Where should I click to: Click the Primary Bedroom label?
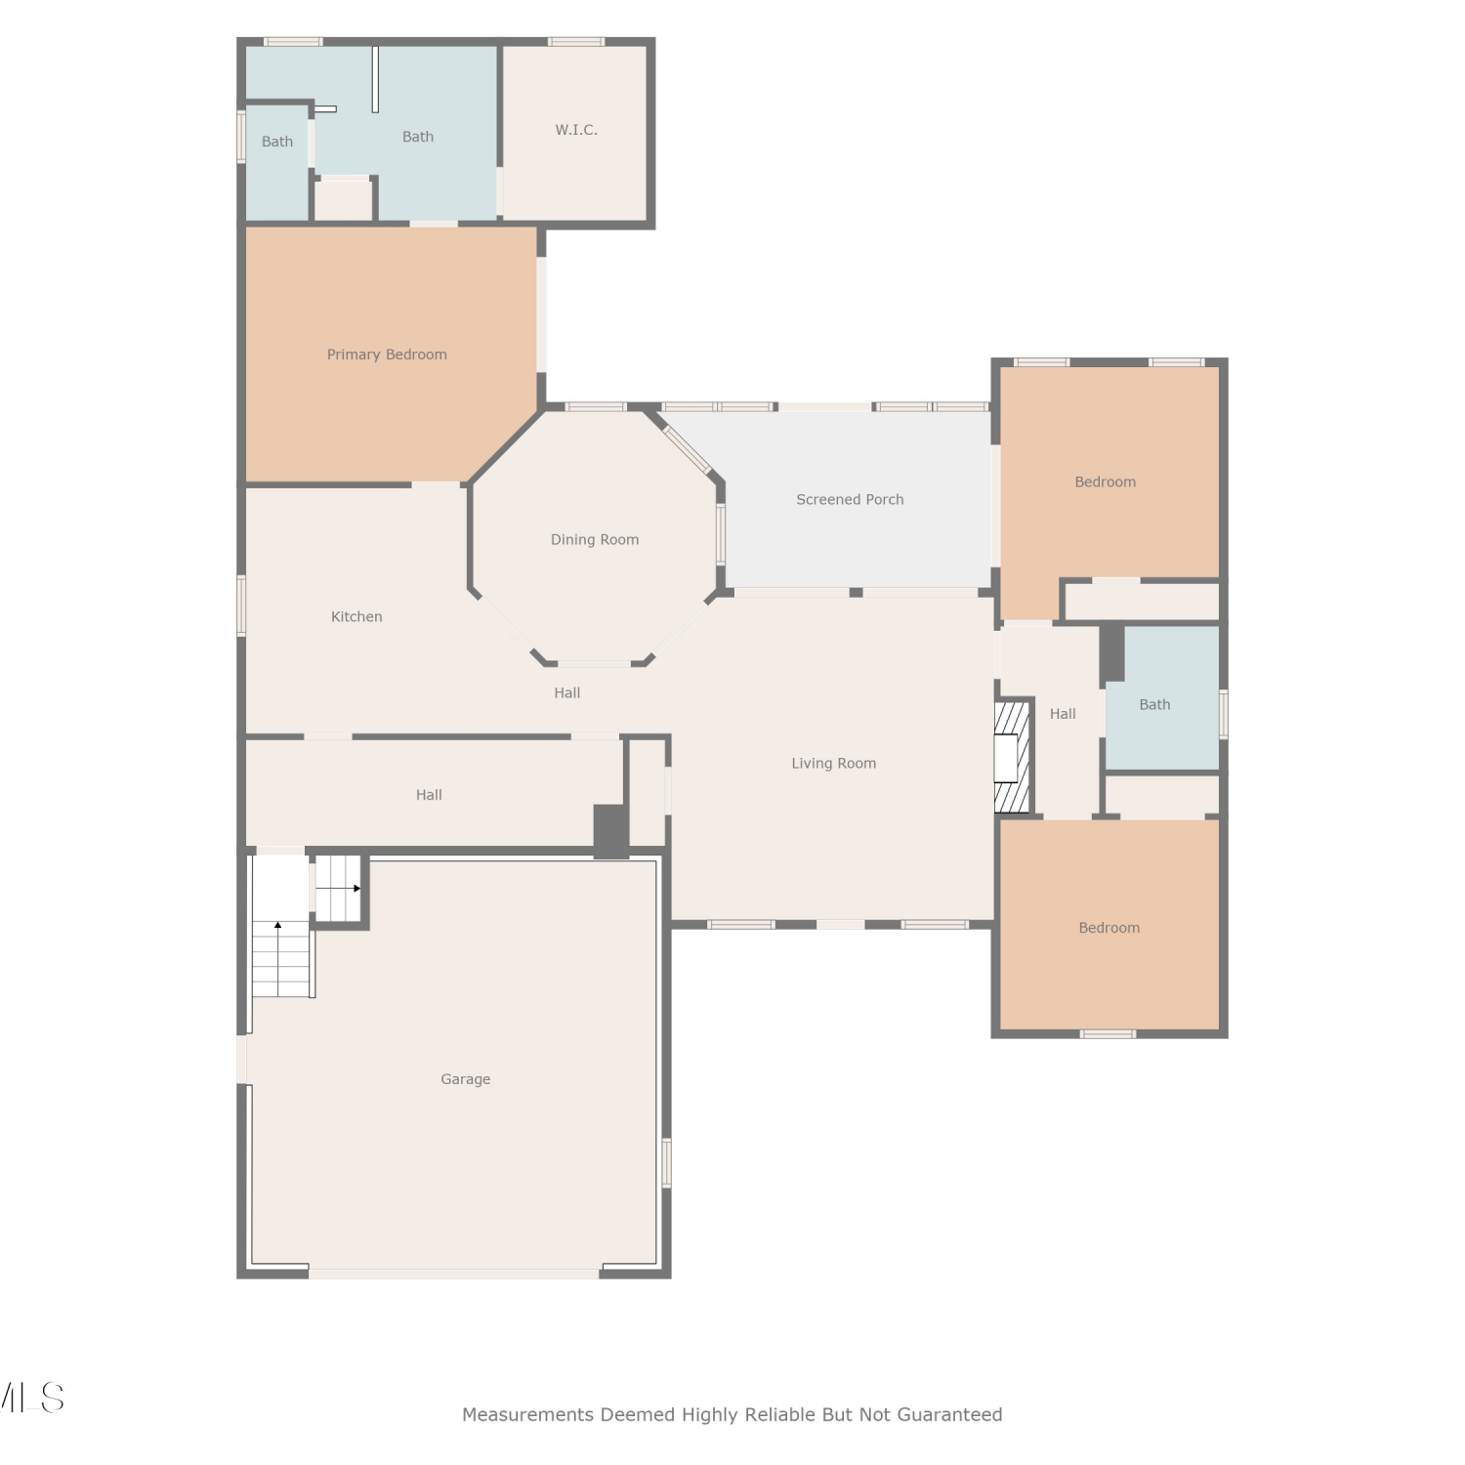(x=387, y=355)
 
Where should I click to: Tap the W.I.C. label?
(x=576, y=130)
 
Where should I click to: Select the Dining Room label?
(x=595, y=539)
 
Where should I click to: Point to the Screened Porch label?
(x=850, y=499)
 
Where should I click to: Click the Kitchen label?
(x=356, y=616)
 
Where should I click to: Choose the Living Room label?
(x=834, y=763)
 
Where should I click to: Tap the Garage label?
(x=465, y=1079)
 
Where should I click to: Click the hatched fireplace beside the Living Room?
(x=1013, y=757)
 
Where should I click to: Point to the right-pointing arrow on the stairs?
(x=338, y=888)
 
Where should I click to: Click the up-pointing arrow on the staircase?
(x=277, y=958)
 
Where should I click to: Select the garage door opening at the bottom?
(x=454, y=1274)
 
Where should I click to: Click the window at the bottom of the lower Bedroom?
(x=1108, y=1033)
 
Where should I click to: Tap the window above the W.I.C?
(x=576, y=42)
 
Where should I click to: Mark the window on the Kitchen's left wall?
(x=241, y=606)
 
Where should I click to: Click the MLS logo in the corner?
(x=31, y=1398)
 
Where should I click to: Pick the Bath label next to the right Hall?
(x=1154, y=704)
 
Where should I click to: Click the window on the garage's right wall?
(x=667, y=1162)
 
